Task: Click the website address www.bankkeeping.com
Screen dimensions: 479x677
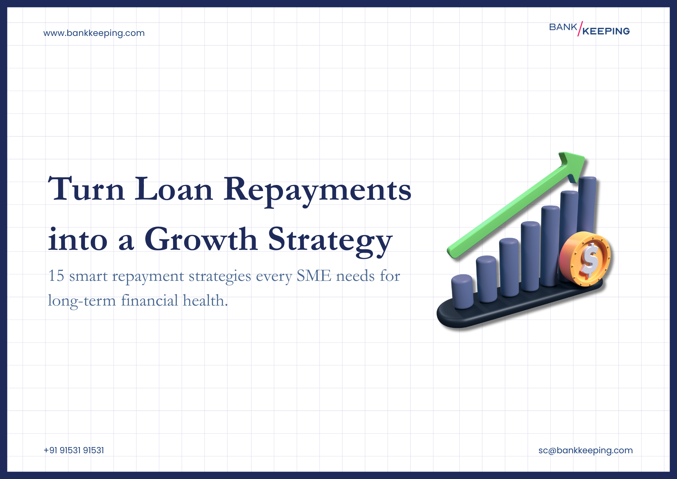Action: [x=94, y=33]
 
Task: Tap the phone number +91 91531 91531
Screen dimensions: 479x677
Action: [x=74, y=450]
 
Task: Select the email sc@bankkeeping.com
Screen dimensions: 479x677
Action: [x=585, y=450]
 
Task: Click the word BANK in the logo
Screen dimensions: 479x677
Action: [x=563, y=27]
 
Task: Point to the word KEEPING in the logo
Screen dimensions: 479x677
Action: [x=606, y=31]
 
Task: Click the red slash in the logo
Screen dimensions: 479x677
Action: [x=580, y=28]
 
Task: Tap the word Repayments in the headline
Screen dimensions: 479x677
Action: [x=317, y=190]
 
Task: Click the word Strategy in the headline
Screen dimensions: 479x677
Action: [x=330, y=241]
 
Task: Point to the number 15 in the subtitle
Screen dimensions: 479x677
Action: [x=56, y=276]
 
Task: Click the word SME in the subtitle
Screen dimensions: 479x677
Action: [x=314, y=276]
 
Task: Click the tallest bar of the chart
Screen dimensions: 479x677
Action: [x=587, y=203]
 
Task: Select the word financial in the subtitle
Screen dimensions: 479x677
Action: [x=149, y=300]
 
